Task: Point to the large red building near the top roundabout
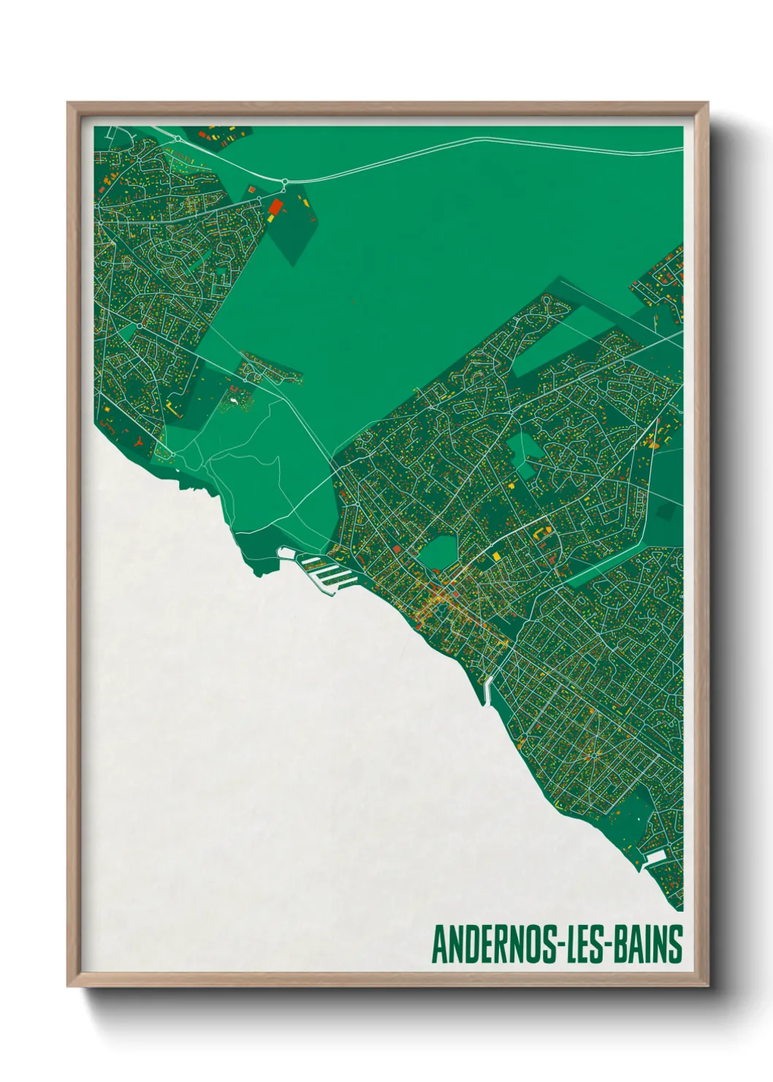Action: [275, 207]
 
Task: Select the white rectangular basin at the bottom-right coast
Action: [655, 857]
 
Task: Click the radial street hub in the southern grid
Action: [595, 754]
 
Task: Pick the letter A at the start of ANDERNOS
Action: [440, 944]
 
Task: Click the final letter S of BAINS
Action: [676, 944]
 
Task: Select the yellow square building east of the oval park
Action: [497, 556]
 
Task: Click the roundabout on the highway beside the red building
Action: [284, 181]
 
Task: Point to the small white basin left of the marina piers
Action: [287, 553]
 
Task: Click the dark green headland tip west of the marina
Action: [257, 571]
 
